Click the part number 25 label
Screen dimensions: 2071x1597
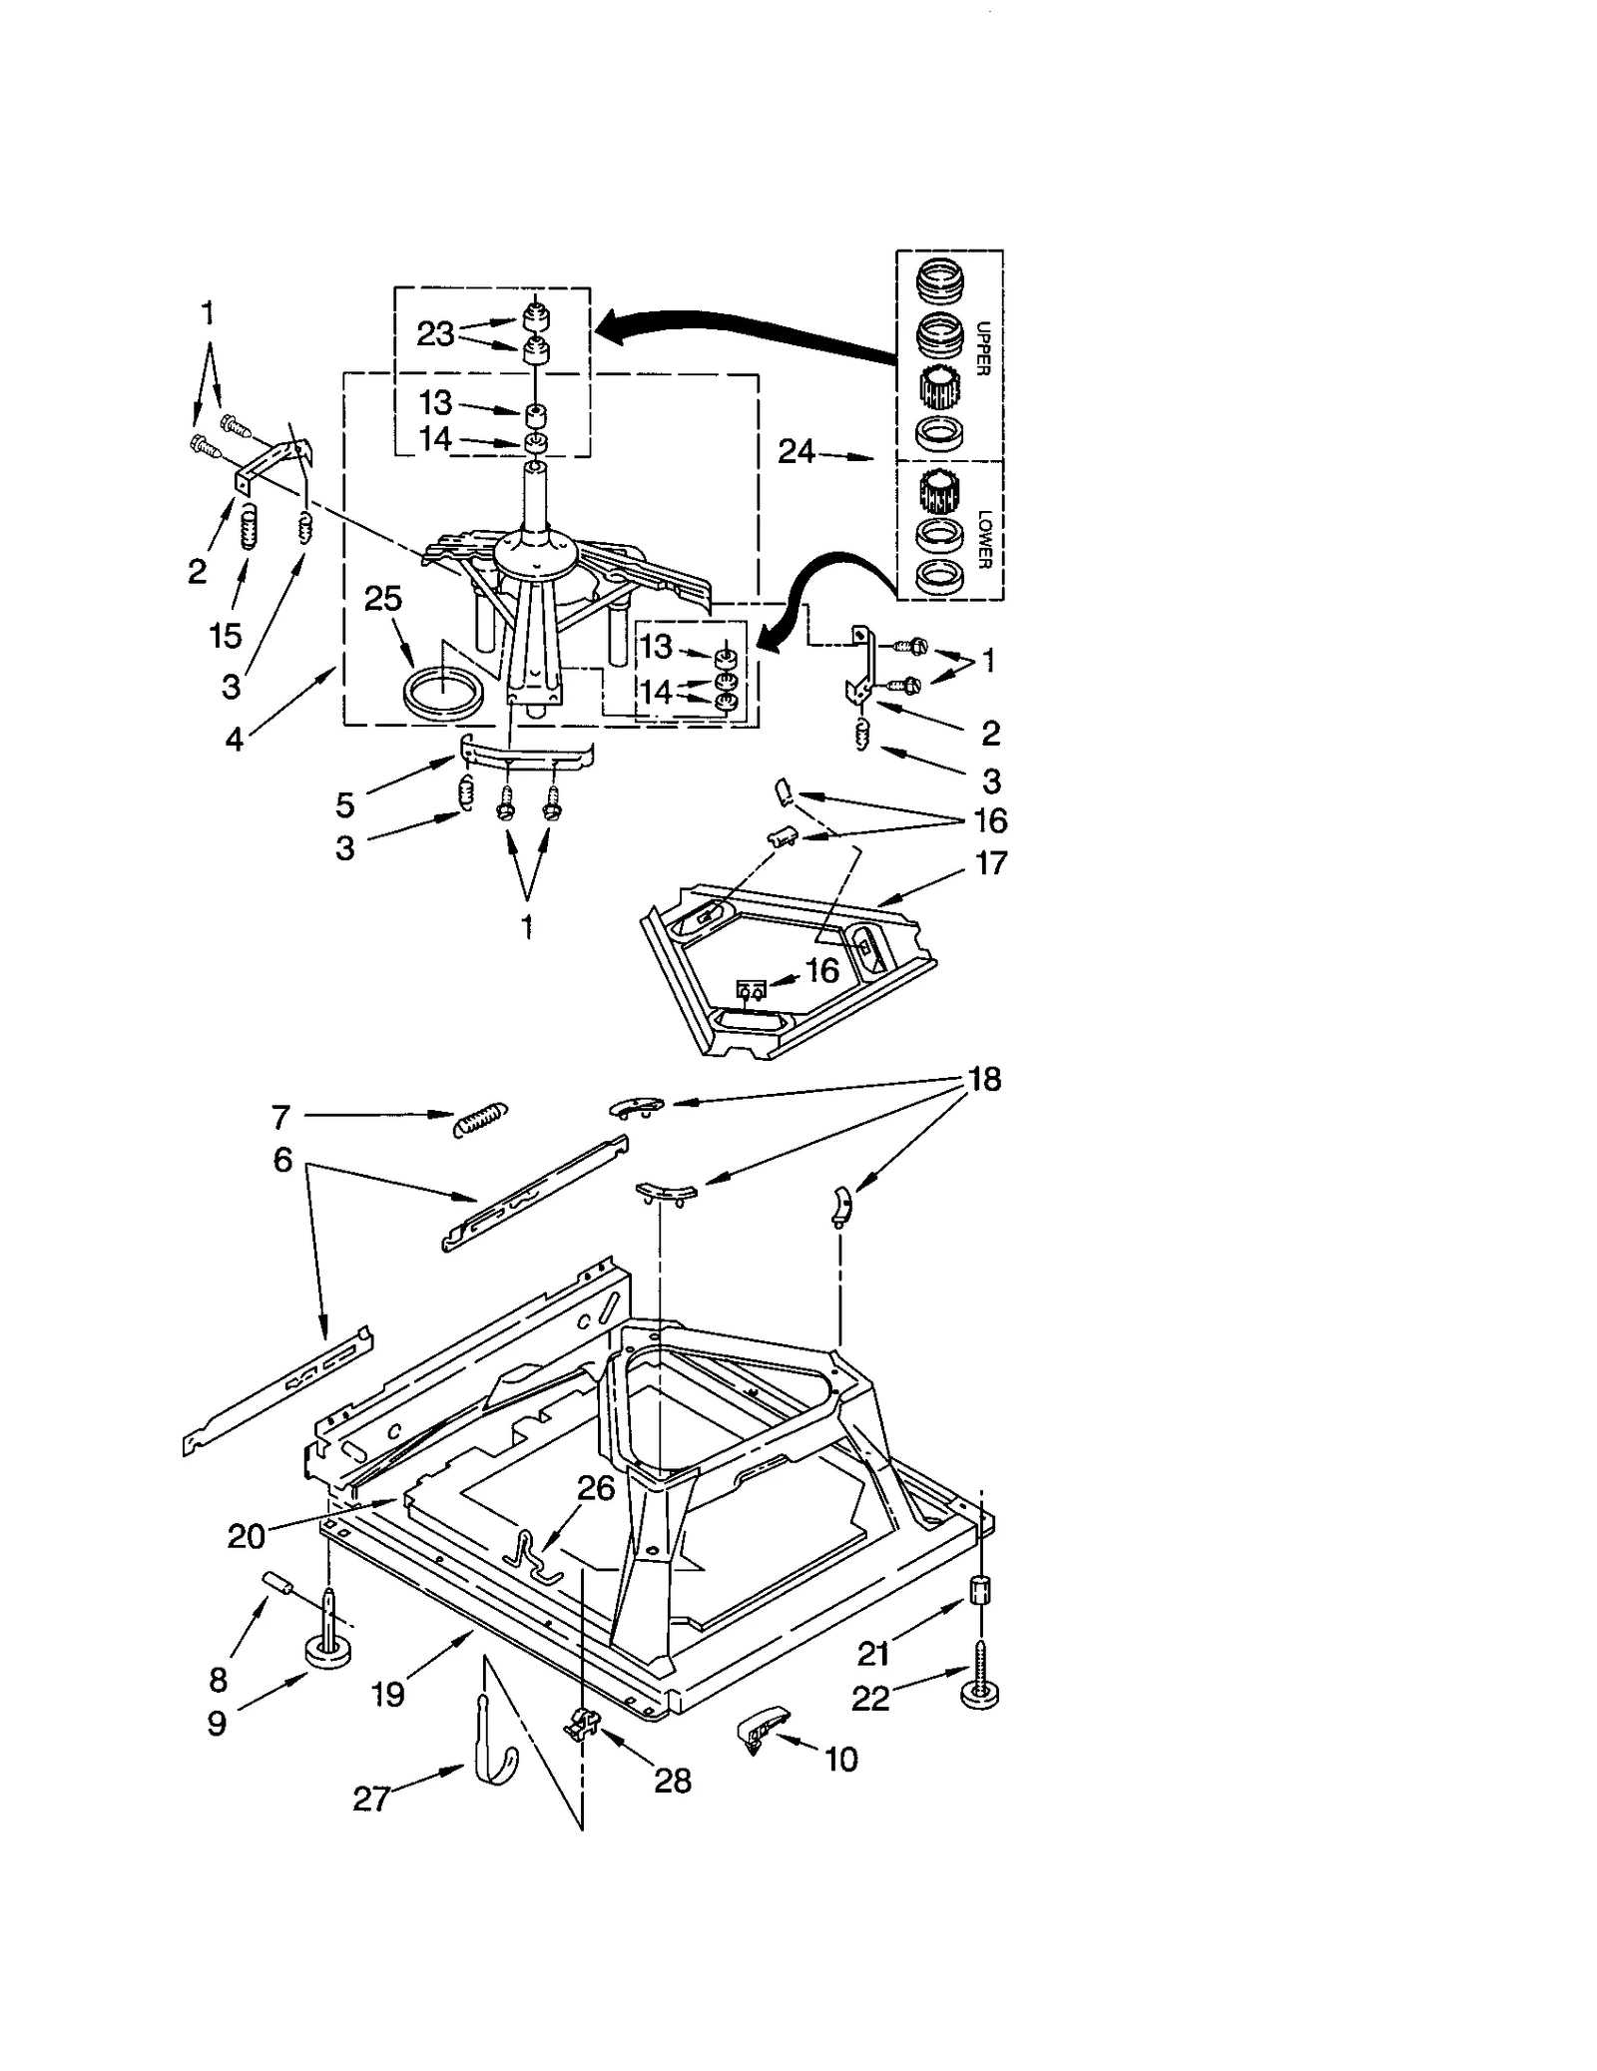point(382,599)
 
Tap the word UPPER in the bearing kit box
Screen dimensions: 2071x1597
point(982,348)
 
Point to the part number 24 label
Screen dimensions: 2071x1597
point(796,452)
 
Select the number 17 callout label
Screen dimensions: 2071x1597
point(990,862)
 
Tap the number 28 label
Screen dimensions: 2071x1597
point(672,1781)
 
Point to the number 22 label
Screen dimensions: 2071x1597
point(870,1698)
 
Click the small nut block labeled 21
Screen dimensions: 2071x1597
point(980,1589)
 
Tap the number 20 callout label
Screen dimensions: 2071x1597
point(246,1536)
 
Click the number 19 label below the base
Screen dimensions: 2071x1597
point(387,1694)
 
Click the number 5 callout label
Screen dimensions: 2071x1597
point(344,804)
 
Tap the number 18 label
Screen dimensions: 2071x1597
point(984,1080)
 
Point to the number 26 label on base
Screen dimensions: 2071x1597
point(596,1488)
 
